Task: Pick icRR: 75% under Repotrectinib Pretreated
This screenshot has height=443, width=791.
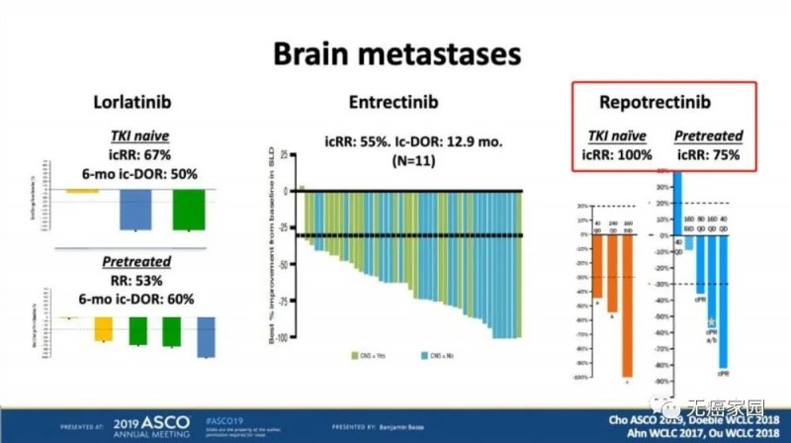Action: click(708, 154)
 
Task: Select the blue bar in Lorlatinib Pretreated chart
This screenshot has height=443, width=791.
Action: click(207, 337)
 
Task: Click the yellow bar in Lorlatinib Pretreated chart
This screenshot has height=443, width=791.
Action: click(103, 329)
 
